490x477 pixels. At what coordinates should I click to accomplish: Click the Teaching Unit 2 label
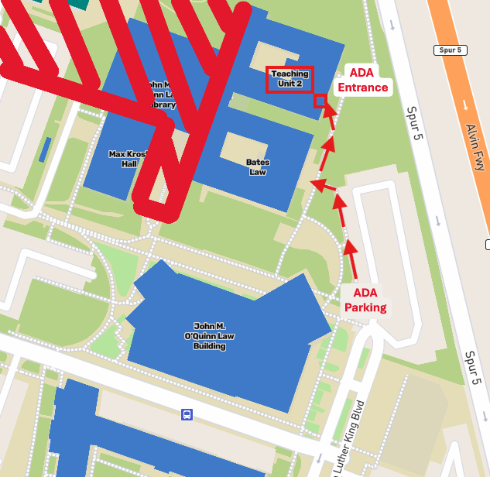290,79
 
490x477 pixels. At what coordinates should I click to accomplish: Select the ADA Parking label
365,300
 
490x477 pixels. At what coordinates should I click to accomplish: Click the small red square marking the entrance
319,101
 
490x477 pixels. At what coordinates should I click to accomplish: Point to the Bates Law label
257,167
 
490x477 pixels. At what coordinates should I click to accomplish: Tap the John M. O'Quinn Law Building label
209,336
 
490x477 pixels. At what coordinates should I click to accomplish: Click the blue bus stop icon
187,414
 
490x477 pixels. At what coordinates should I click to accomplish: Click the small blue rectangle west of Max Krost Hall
46,149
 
